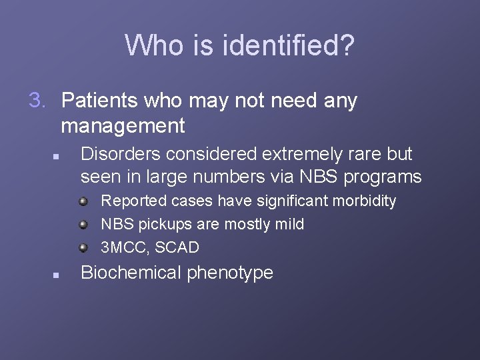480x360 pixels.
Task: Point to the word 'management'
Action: coord(123,125)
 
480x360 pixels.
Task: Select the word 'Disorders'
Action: coord(121,154)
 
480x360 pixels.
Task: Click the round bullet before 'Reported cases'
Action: coord(83,201)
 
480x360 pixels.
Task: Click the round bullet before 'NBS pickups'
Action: coord(83,224)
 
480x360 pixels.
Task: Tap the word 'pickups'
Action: coord(165,225)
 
